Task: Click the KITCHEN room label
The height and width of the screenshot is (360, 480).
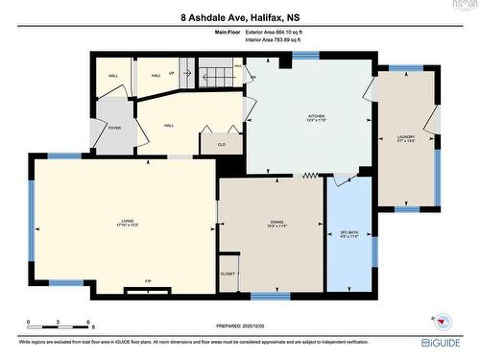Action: [316, 117]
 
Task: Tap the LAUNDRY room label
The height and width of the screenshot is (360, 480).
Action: [405, 137]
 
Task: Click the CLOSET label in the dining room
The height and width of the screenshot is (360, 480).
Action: [228, 274]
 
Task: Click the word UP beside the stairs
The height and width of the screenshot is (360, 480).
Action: [172, 72]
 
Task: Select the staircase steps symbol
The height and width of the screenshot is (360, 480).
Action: [216, 74]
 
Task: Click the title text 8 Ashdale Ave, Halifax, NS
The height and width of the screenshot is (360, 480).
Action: [239, 16]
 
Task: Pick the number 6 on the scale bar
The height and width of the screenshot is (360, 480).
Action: [88, 322]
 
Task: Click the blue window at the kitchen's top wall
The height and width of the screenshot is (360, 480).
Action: [305, 57]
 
